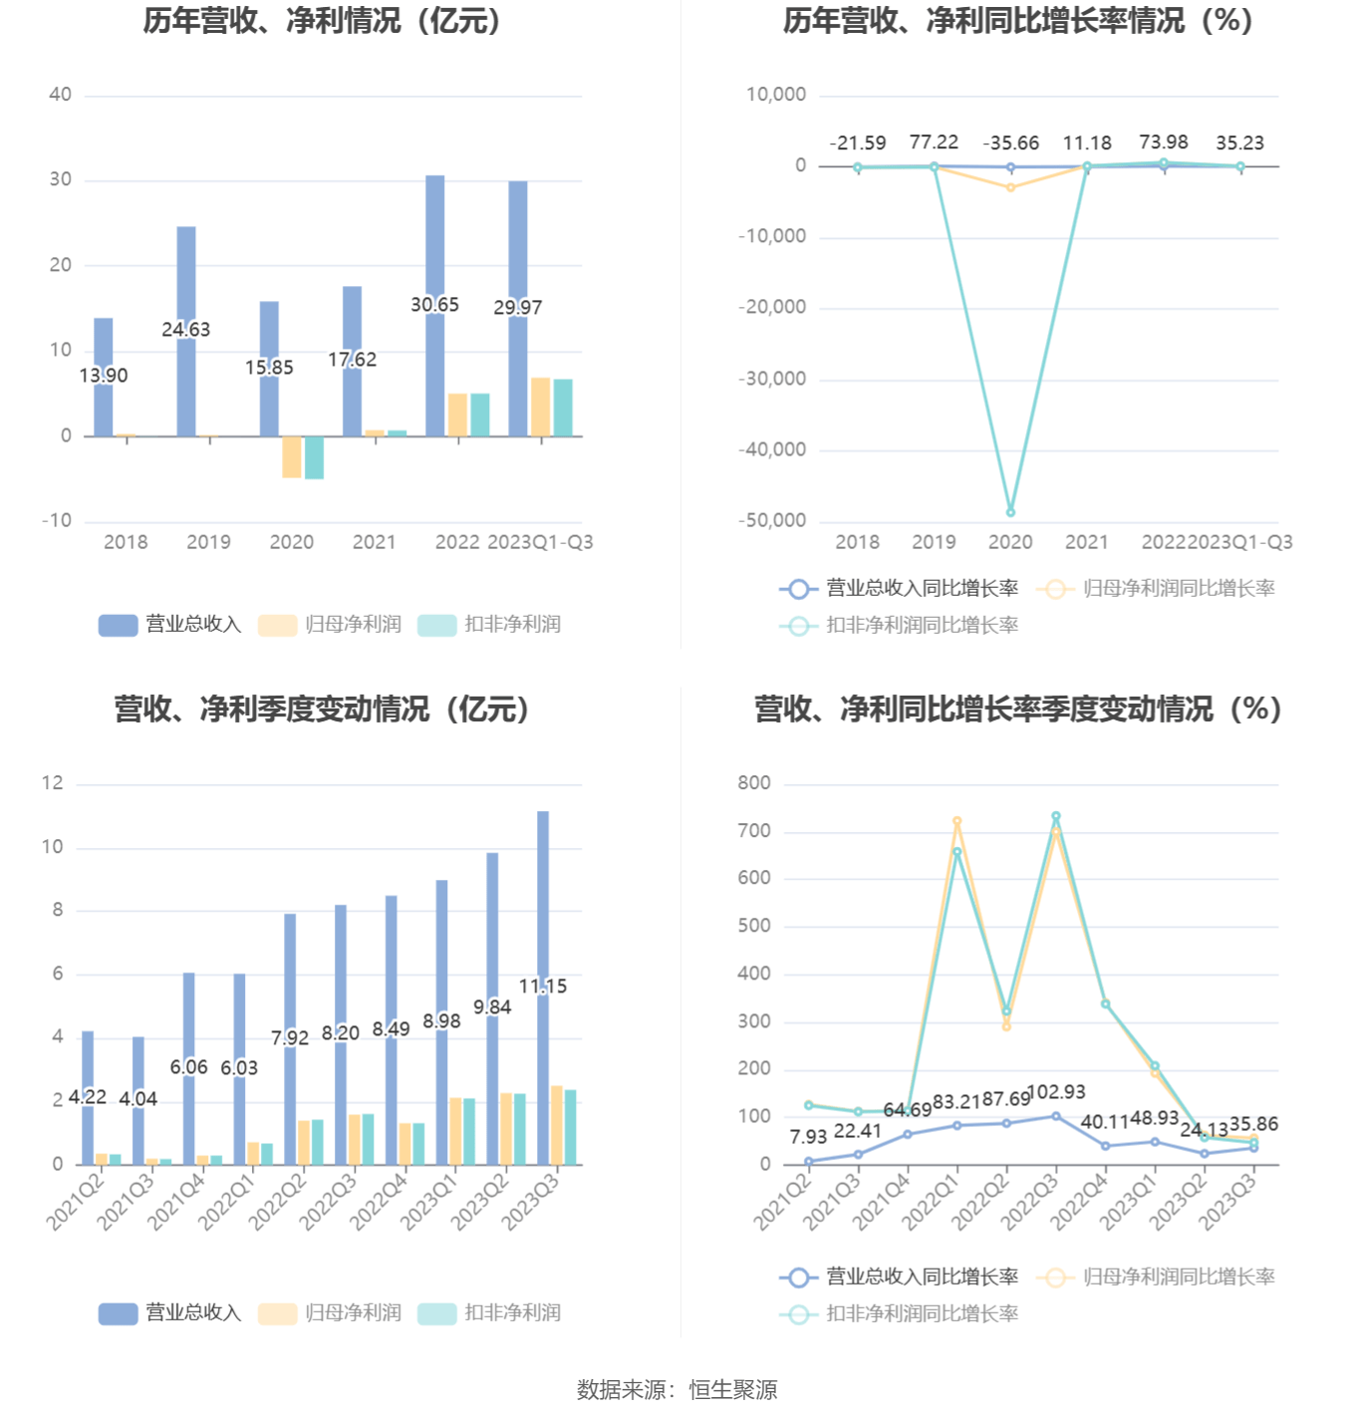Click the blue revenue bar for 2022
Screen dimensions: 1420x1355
pyautogui.click(x=435, y=249)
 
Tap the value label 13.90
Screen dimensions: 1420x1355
pyautogui.click(x=104, y=376)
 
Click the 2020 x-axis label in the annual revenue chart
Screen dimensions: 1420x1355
pyautogui.click(x=291, y=542)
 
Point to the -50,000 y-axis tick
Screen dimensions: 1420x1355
pyautogui.click(x=772, y=520)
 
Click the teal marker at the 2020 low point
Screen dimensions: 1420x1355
pyautogui.click(x=1010, y=512)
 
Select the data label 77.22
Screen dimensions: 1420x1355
pyautogui.click(x=934, y=142)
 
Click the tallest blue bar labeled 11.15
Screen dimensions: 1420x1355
pyautogui.click(x=543, y=897)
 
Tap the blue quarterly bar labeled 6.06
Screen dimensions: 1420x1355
pyautogui.click(x=189, y=1026)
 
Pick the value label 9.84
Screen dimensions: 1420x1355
pyautogui.click(x=492, y=1007)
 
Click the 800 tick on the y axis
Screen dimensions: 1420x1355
pyautogui.click(x=754, y=783)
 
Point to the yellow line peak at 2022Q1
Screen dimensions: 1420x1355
pyautogui.click(x=956, y=822)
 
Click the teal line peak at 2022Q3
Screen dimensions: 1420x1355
pyautogui.click(x=1056, y=816)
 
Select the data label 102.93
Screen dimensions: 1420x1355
pyautogui.click(x=1056, y=1092)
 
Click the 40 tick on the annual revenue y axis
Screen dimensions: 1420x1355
pyautogui.click(x=60, y=95)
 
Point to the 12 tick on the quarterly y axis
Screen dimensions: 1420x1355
pyautogui.click(x=52, y=783)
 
